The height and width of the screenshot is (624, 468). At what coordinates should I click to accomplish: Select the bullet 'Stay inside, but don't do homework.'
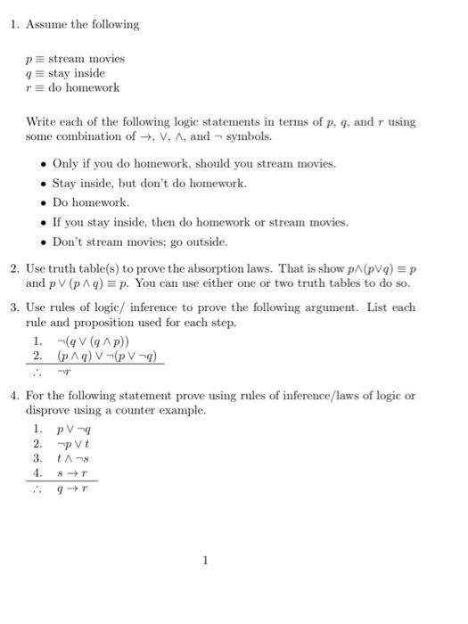pyautogui.click(x=149, y=184)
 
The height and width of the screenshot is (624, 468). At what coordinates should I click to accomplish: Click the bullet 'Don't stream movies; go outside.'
pyautogui.click(x=140, y=242)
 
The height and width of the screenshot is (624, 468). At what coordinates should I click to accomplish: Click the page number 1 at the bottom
pyautogui.click(x=205, y=561)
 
